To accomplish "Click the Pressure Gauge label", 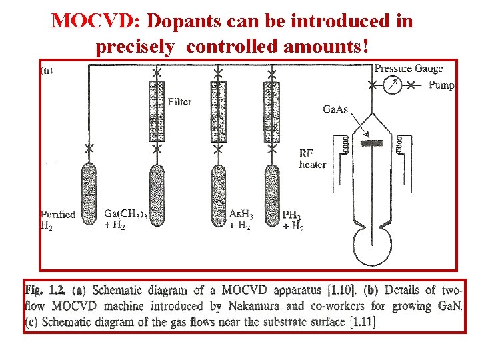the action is click(409, 69).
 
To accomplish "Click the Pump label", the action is click(441, 85).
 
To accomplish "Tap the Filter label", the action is click(179, 102).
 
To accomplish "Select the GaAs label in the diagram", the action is click(335, 109).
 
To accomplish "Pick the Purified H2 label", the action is click(57, 219).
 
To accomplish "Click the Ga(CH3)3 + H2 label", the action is click(126, 219).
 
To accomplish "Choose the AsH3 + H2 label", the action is click(241, 219).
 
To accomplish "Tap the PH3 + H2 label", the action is click(293, 221).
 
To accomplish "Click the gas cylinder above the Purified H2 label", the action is click(87, 190).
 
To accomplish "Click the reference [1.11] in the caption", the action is click(361, 322).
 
